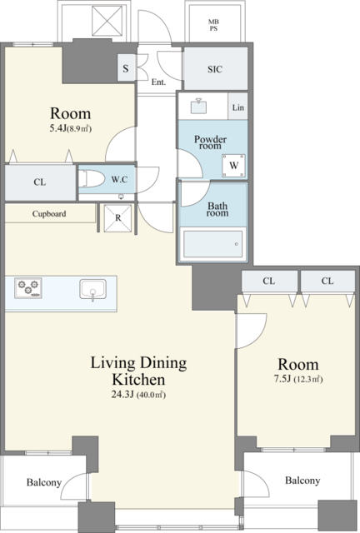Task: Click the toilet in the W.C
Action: point(91,178)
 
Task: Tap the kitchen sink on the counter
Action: point(92,291)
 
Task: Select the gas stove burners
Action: point(28,288)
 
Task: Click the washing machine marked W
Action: point(233,166)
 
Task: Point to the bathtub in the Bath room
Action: point(213,244)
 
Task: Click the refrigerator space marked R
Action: point(117,218)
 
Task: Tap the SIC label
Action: point(215,69)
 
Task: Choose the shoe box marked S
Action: point(126,68)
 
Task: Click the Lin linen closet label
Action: point(237,107)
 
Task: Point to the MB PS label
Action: point(213,26)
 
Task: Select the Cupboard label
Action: point(49,214)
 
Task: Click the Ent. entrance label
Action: point(158,82)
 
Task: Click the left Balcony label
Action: point(44,482)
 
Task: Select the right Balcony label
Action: point(302,481)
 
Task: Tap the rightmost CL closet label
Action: point(327,281)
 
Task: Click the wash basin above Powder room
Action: point(198,106)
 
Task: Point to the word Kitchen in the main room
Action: point(138,379)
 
